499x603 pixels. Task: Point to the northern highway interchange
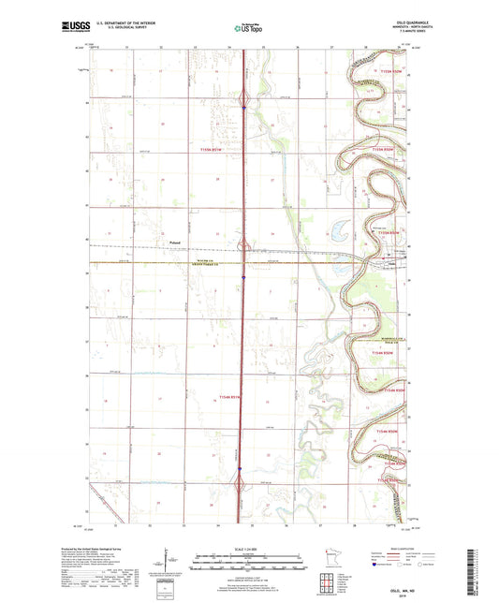(243, 98)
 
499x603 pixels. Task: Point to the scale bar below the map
(248, 564)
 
